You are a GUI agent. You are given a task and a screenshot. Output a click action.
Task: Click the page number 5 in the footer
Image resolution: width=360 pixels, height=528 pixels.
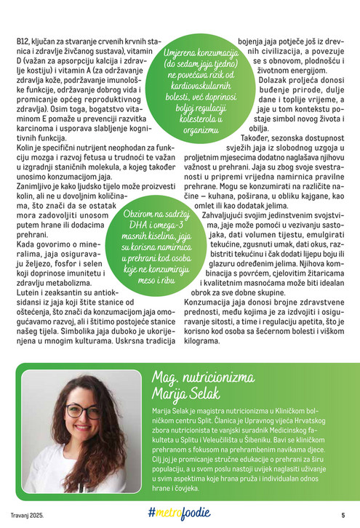point(342,514)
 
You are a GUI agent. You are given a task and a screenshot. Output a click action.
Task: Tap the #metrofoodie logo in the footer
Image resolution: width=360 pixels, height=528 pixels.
point(180,513)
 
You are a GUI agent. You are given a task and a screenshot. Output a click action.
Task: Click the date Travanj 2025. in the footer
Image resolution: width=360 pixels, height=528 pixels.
point(30,515)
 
